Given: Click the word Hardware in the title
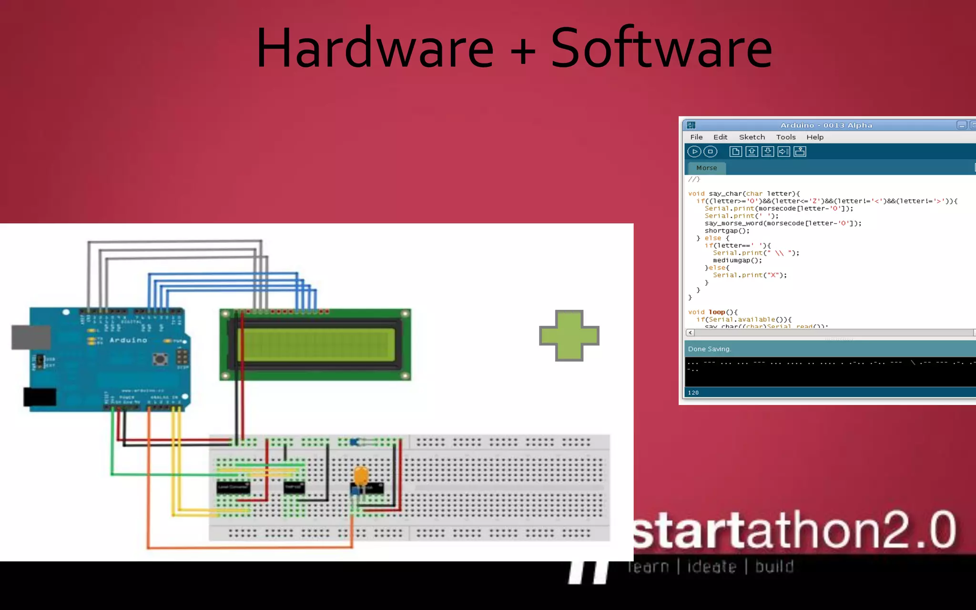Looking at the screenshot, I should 375,48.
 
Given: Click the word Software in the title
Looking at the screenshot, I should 661,48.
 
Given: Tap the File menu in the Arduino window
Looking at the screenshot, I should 696,137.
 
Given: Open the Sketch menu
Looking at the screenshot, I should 752,137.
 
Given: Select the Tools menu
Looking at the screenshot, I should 785,137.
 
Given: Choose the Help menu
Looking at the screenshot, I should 814,137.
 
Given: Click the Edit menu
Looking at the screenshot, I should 720,137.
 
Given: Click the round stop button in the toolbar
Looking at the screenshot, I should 710,152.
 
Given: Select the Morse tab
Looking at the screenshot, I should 706,168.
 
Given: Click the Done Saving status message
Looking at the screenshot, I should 709,349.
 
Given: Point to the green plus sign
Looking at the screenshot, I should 569,335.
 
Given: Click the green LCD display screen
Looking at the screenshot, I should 316,345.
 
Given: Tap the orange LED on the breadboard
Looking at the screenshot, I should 361,475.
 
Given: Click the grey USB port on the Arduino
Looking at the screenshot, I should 31,337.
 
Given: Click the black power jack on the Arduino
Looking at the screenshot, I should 40,397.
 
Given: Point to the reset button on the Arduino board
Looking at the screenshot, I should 160,358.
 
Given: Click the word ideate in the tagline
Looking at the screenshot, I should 712,567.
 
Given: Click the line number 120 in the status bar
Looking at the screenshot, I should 693,393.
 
